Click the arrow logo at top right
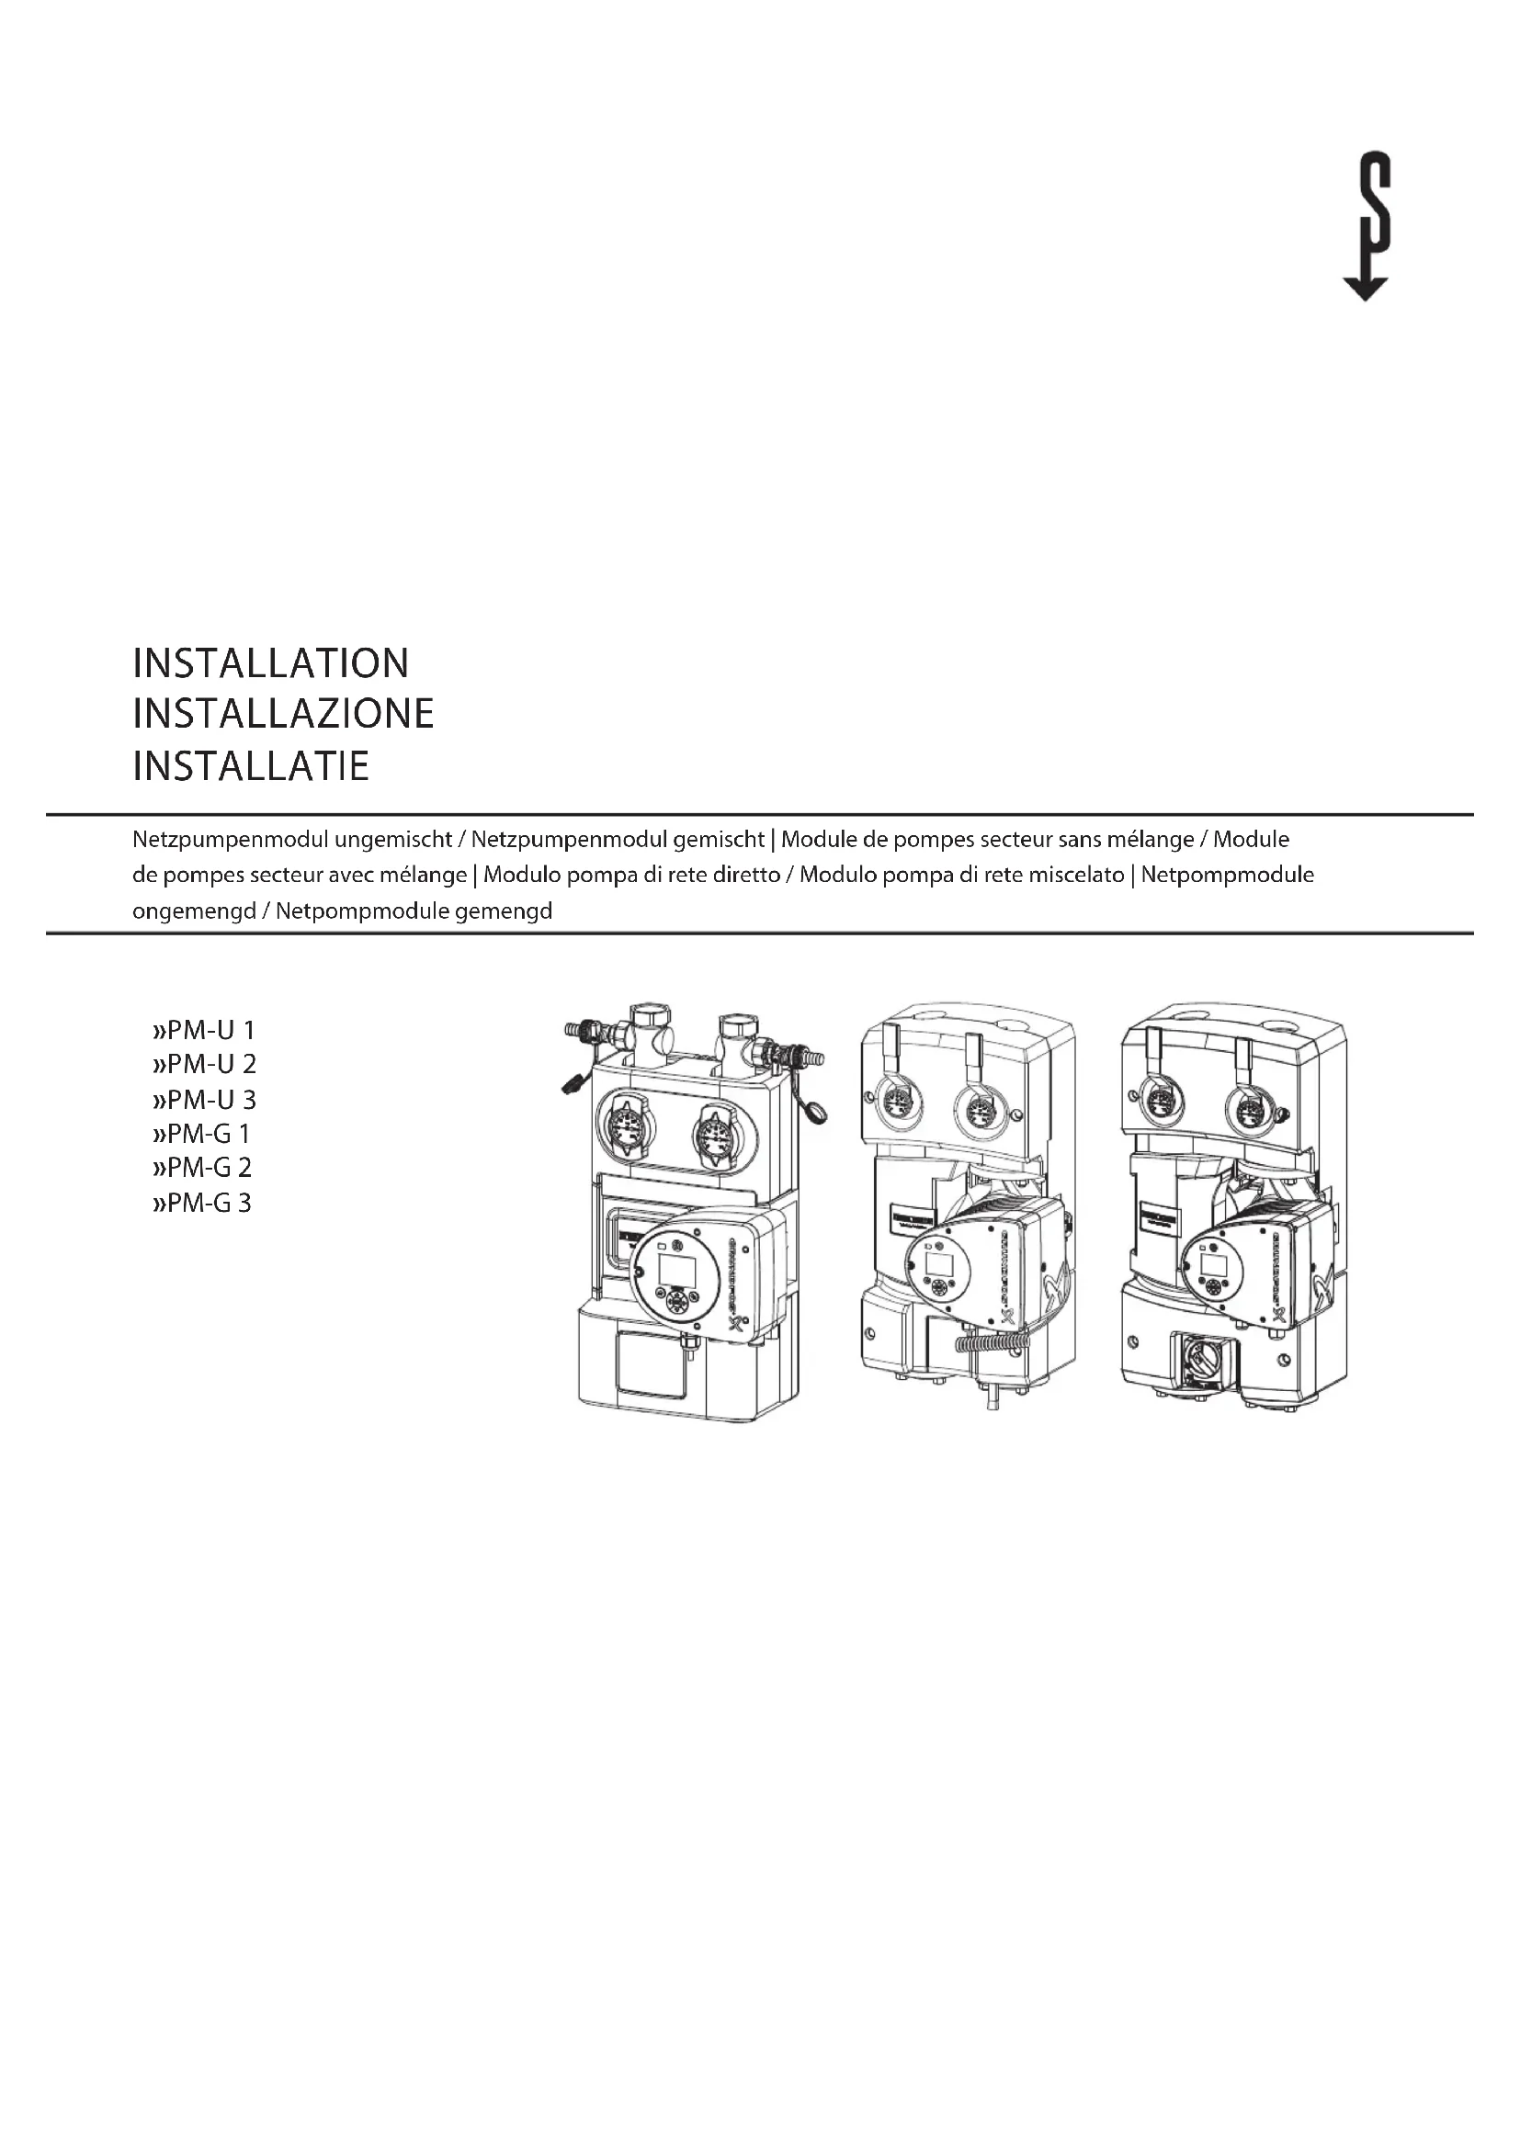[x=1367, y=230]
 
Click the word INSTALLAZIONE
[x=283, y=714]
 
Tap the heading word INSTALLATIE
[x=251, y=765]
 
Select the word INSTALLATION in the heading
[x=270, y=663]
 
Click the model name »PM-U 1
[x=203, y=1031]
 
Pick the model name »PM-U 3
[x=203, y=1099]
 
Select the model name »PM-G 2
[x=202, y=1167]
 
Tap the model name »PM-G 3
[x=202, y=1203]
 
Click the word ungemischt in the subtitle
[x=393, y=840]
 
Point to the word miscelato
[x=1076, y=876]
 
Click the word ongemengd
[x=194, y=910]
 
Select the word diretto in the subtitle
[x=745, y=876]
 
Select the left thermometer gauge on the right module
[x=1161, y=1104]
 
